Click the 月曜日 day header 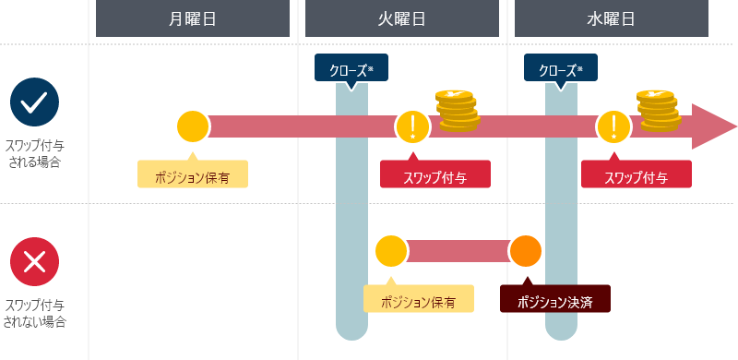[193, 18]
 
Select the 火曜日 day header [402, 18]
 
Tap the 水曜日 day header [612, 18]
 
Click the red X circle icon [34, 262]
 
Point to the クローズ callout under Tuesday [351, 68]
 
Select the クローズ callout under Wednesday [561, 68]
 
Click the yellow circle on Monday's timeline [193, 126]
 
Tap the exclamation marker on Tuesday [412, 126]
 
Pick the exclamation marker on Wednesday [613, 126]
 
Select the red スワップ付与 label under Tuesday [434, 174]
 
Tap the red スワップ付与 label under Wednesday [637, 174]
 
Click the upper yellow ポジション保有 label [193, 174]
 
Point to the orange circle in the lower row [526, 250]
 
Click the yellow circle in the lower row [391, 250]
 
